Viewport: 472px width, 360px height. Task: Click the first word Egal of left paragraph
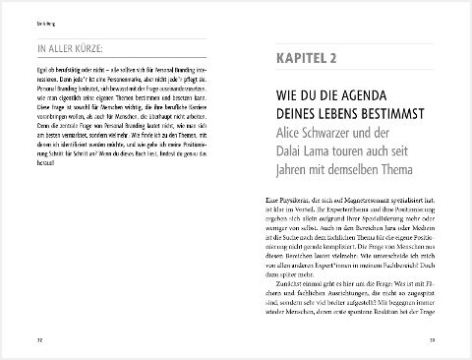coord(39,72)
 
